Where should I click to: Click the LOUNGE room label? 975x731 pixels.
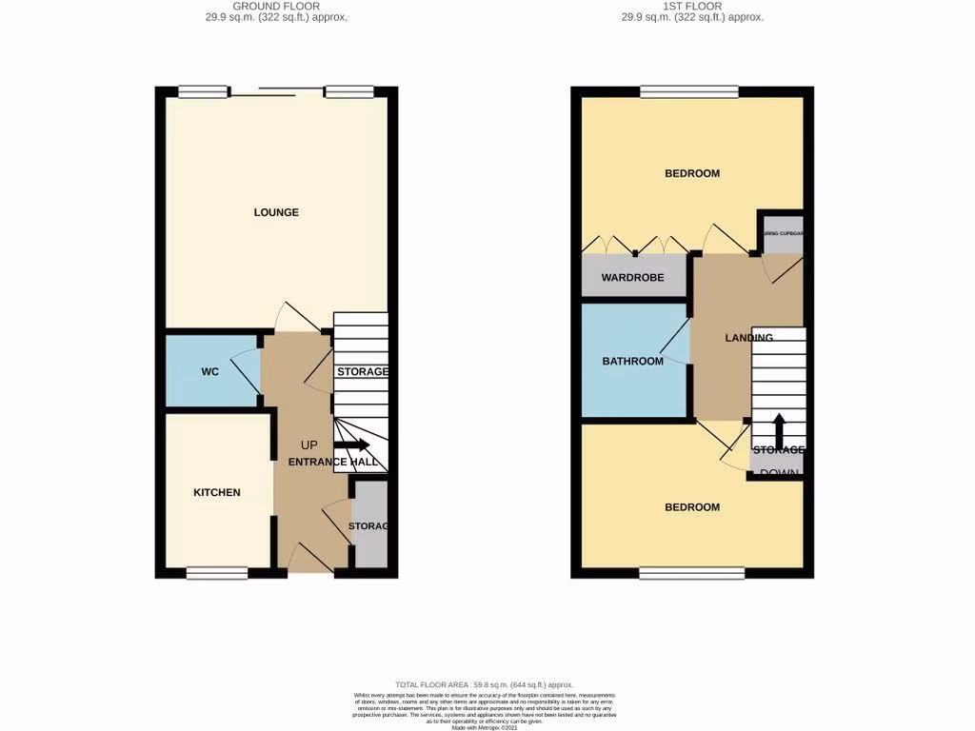(x=276, y=212)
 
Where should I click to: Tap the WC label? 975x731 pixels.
(x=209, y=371)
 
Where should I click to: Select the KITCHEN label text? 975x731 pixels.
(x=217, y=492)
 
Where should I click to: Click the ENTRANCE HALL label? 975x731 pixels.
(x=333, y=462)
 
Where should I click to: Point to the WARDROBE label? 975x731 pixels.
(x=632, y=278)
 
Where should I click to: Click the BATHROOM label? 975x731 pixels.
(x=632, y=361)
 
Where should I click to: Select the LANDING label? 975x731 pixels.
(x=748, y=338)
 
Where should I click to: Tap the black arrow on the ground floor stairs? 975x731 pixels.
(x=351, y=445)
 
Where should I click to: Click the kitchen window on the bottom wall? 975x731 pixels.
(x=216, y=573)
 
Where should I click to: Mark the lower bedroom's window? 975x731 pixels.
(x=691, y=573)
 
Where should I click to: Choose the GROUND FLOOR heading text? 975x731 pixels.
(x=276, y=6)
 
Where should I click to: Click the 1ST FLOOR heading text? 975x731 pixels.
(x=692, y=6)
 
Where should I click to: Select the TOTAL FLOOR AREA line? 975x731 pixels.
(x=485, y=684)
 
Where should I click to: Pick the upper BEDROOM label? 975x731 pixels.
(x=692, y=173)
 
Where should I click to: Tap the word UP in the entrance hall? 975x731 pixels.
(x=309, y=445)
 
